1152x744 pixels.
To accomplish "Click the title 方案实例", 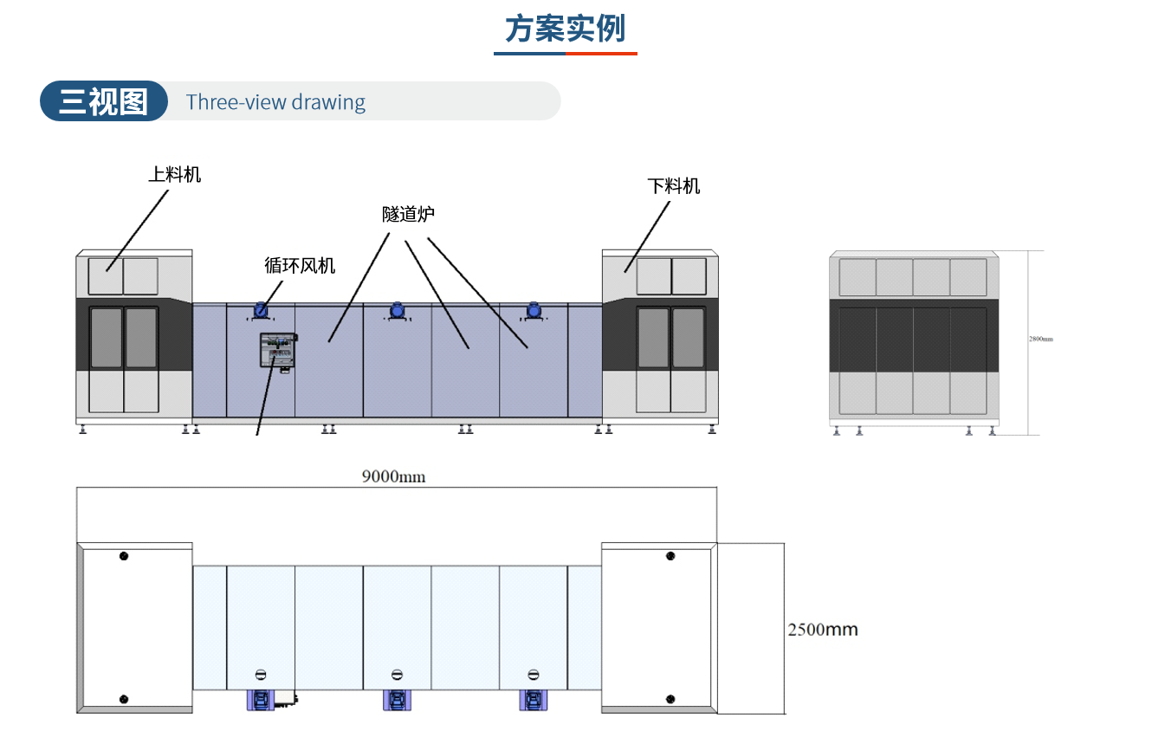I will tap(565, 29).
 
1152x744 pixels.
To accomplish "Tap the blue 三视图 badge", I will tap(103, 101).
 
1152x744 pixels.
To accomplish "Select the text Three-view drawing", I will tap(275, 102).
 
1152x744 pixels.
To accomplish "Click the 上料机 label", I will tap(174, 174).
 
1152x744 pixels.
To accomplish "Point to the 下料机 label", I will tap(674, 185).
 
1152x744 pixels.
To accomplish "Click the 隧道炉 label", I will tap(408, 214).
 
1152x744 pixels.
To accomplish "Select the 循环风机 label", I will tap(300, 265).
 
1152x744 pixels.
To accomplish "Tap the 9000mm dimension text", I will tap(393, 476).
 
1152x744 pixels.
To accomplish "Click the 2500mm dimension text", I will tap(823, 630).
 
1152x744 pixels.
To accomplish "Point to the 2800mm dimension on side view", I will tap(1041, 339).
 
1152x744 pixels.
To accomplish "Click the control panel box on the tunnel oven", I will tap(277, 351).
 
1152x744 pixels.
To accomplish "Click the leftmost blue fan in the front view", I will tap(261, 309).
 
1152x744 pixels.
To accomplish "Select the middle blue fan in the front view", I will tap(398, 309).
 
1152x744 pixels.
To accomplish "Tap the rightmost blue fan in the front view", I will tap(534, 309).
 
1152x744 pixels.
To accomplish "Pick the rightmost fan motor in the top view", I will tap(534, 700).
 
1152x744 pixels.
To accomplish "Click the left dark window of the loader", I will tap(107, 338).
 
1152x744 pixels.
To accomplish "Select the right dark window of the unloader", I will tap(689, 338).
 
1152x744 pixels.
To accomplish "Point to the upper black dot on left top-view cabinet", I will tap(124, 555).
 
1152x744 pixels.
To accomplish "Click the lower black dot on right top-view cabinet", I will tap(670, 698).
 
